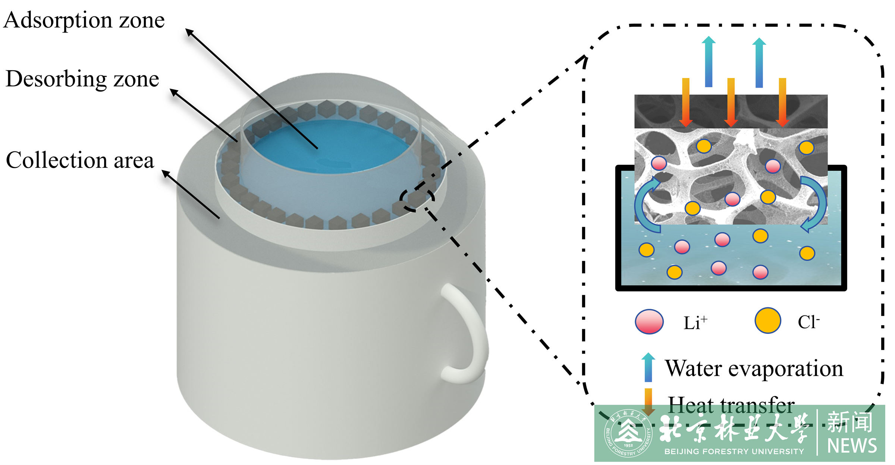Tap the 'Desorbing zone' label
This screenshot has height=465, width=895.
[x=82, y=79]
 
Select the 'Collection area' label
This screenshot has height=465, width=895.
[x=80, y=160]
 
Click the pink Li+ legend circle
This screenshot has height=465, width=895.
[x=649, y=321]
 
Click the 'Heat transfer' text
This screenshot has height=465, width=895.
[x=731, y=405]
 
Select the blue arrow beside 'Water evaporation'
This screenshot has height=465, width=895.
[x=649, y=367]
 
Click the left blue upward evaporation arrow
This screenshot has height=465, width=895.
[x=709, y=62]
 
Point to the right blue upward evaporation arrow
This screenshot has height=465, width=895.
[x=759, y=63]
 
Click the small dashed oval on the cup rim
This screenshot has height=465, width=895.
[x=417, y=199]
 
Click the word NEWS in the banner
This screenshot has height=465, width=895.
[x=852, y=446]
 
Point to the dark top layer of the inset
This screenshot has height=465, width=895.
[x=731, y=111]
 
